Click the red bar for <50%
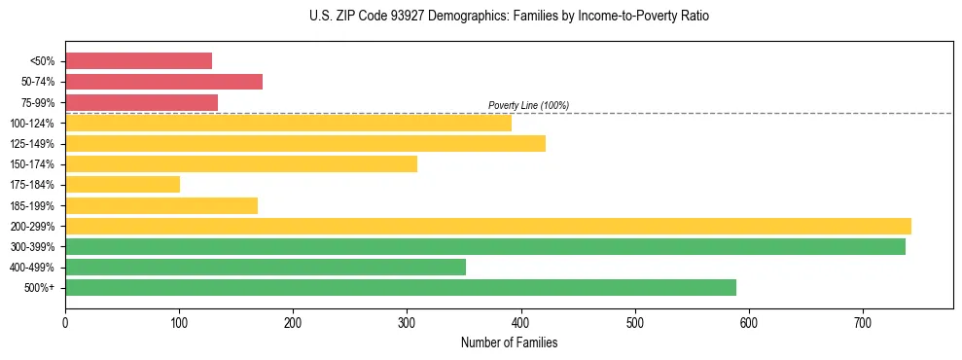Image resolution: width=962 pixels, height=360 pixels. (138, 60)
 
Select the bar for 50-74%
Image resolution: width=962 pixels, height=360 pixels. (163, 82)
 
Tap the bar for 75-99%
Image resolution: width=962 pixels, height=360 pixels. (141, 102)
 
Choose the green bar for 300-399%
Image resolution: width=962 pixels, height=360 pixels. (485, 246)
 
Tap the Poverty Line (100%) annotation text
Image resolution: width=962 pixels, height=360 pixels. (528, 105)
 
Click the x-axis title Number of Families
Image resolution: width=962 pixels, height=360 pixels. (509, 342)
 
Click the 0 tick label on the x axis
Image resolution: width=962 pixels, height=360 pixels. (65, 322)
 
